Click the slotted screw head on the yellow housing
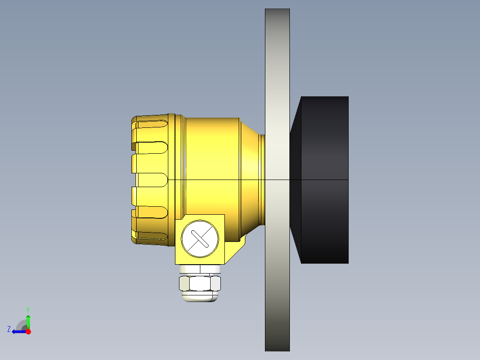coord(200,238)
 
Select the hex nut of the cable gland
coord(200,283)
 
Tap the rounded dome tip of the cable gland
coord(200,297)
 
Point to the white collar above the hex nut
coord(200,269)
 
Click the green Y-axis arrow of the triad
coord(28,320)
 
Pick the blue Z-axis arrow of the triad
coord(18,331)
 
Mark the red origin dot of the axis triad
coord(28,331)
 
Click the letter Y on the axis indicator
coord(28,309)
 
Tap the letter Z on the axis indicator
coord(9,329)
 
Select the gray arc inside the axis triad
coord(21,325)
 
